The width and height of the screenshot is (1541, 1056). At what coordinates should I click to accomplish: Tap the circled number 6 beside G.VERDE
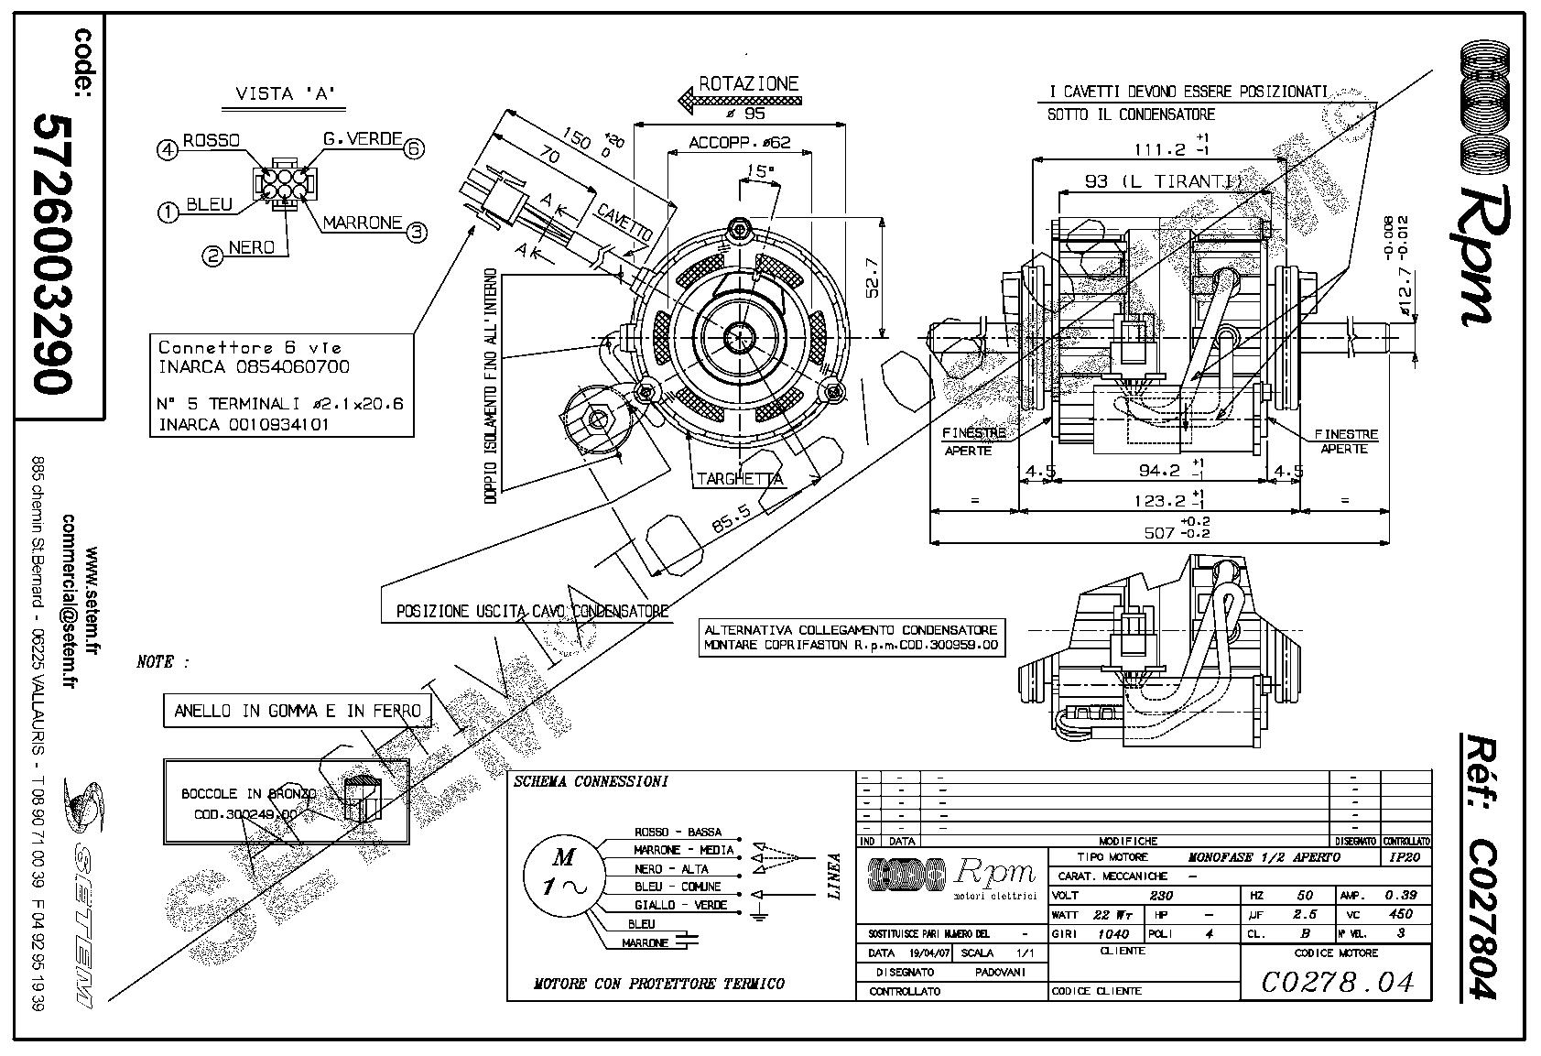[x=416, y=147]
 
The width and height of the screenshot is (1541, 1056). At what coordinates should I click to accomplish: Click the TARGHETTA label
[x=739, y=478]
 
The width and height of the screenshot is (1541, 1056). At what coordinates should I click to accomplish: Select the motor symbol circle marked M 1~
[x=563, y=873]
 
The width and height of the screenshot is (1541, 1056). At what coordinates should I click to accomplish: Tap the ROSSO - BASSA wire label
[x=678, y=833]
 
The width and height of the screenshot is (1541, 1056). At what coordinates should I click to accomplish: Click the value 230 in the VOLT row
[x=1160, y=895]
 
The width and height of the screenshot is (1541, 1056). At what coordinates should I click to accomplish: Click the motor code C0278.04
[x=1337, y=983]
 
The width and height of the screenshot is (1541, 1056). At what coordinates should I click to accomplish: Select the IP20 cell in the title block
[x=1405, y=857]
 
